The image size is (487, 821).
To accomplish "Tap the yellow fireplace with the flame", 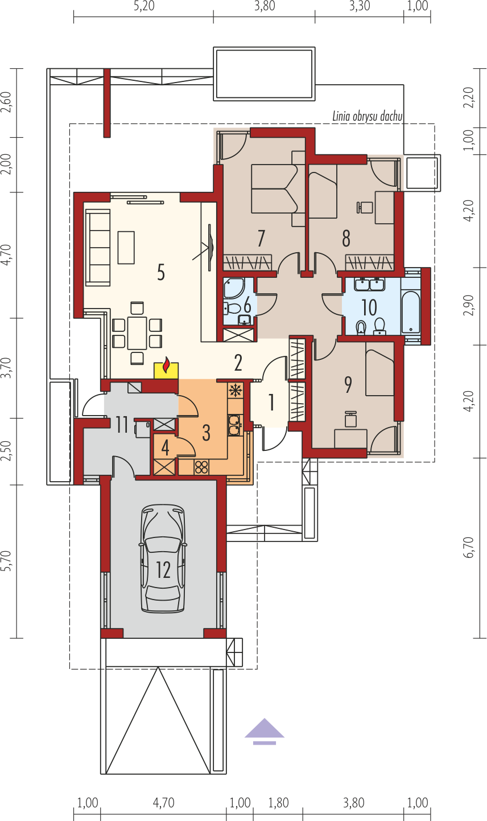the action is (166, 370).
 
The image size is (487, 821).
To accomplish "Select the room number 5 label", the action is (161, 273).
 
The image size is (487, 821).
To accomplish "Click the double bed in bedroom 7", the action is (279, 188).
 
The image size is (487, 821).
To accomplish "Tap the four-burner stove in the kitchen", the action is (201, 467).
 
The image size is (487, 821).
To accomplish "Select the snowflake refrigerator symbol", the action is (234, 391).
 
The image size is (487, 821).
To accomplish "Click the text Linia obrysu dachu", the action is (368, 116).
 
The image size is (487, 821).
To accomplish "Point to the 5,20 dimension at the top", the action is (144, 6).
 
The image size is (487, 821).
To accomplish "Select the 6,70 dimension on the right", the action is (469, 548).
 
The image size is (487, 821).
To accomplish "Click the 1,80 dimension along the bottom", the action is (278, 803).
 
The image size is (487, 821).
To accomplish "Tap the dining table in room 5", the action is (137, 333).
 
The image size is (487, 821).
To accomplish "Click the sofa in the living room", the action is (98, 248).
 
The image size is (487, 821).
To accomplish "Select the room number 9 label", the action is (348, 384).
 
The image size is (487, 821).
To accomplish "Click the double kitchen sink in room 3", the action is (234, 425).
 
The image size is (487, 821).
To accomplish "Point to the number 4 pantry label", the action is (165, 448).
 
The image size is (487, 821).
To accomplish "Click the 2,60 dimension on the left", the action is (7, 102).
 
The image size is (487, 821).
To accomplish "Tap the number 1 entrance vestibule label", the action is (271, 402).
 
